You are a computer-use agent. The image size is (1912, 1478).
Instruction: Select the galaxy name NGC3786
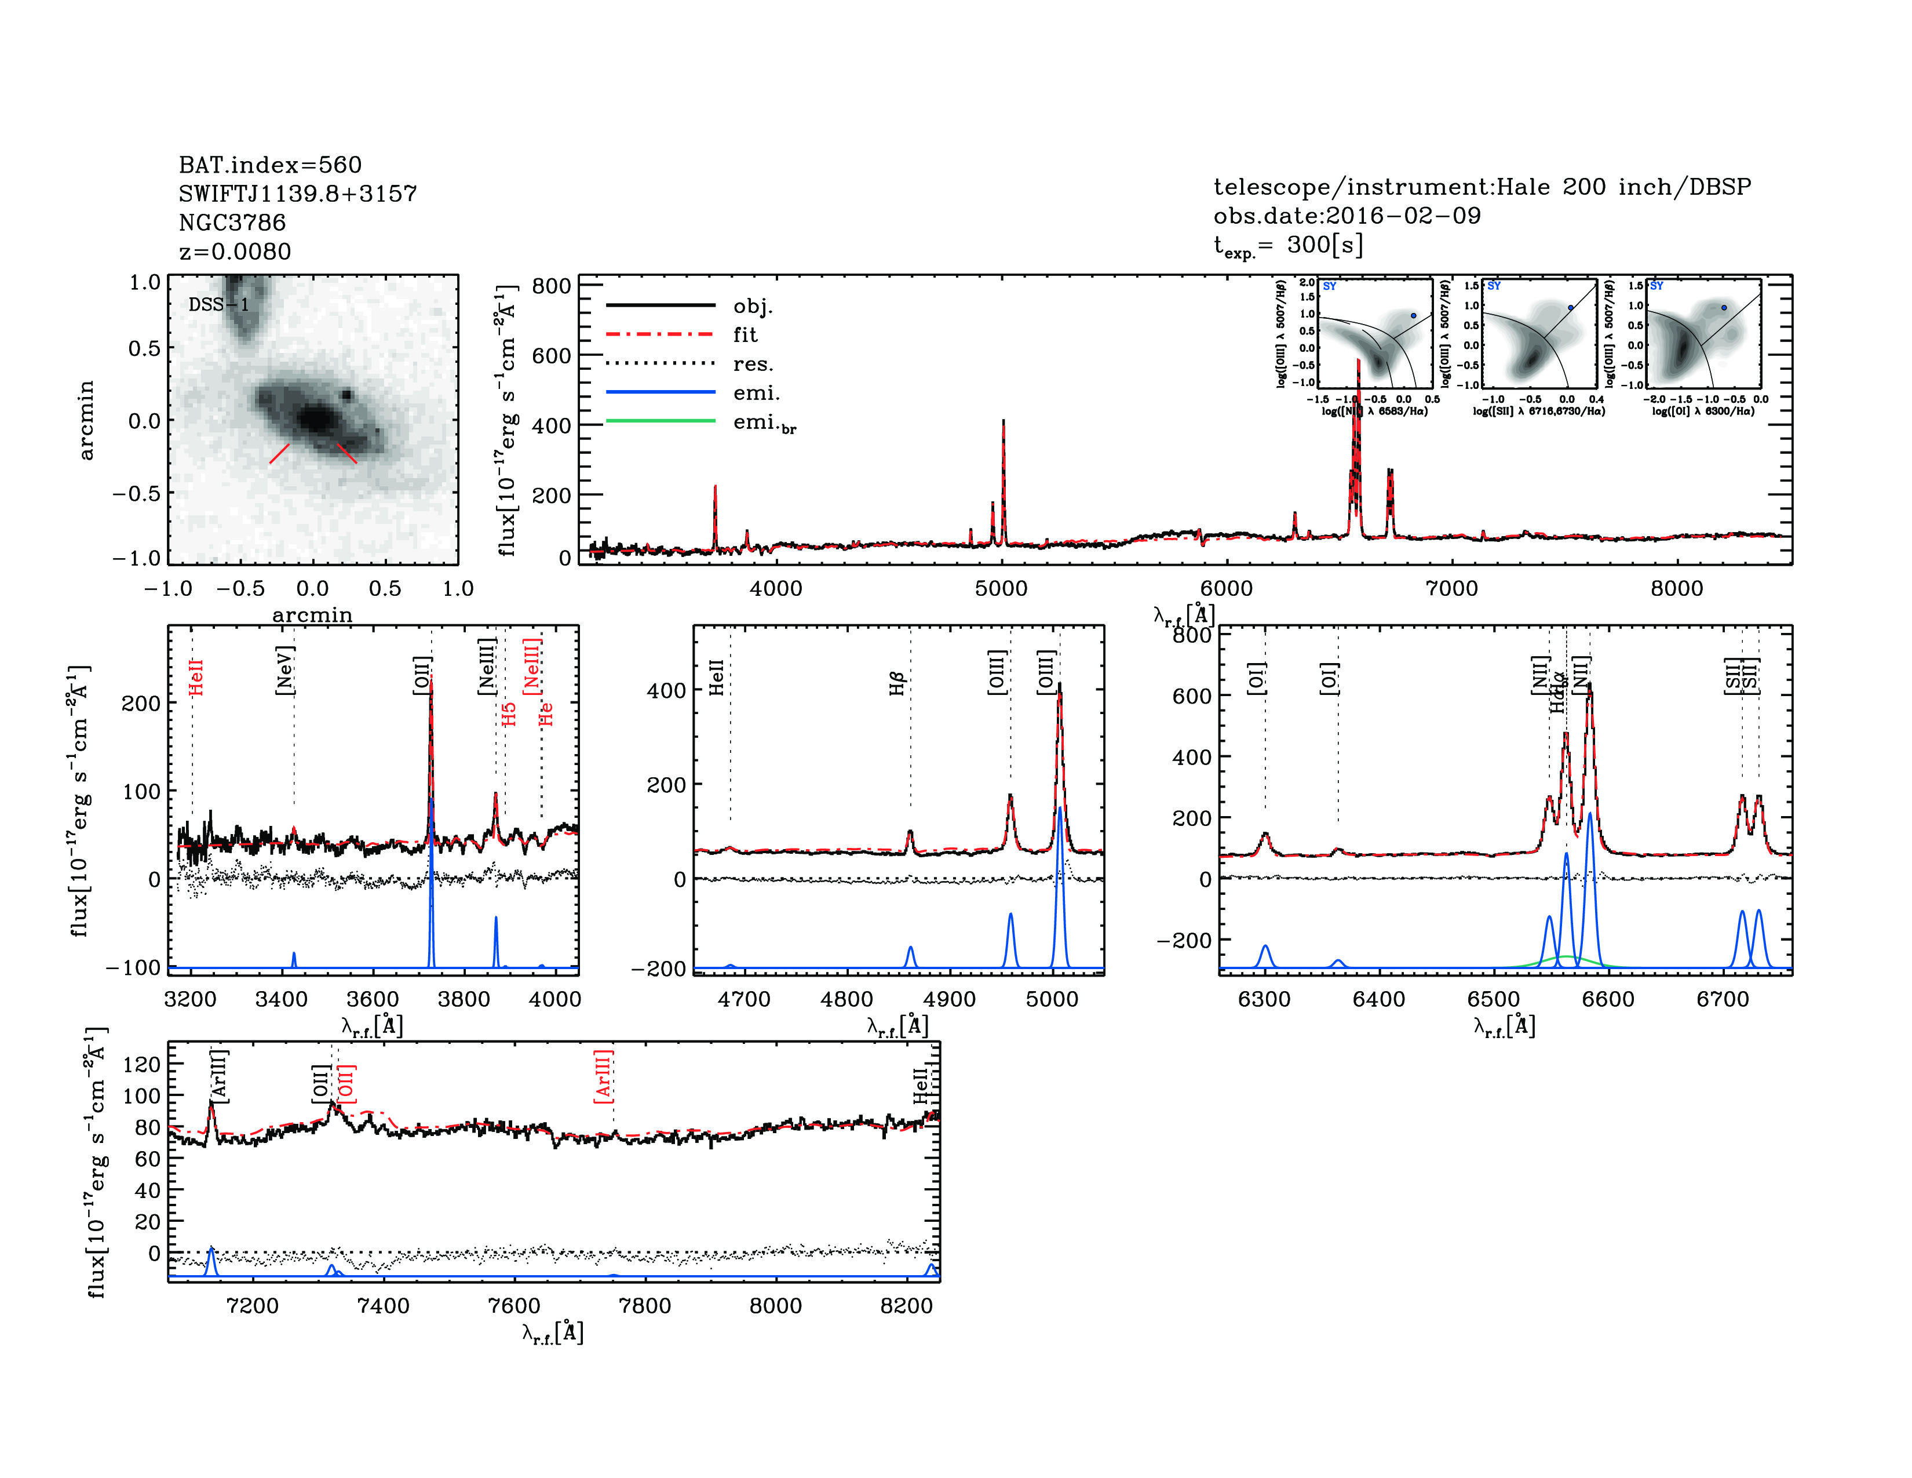(232, 223)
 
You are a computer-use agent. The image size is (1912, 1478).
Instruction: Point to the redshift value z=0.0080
(235, 252)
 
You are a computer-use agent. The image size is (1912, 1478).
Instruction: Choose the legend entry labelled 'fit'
(745, 334)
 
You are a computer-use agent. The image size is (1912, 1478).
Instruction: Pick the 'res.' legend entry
(753, 363)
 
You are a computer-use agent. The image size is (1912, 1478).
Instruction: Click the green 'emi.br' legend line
(661, 421)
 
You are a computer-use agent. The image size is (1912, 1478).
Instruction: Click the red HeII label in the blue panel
(196, 678)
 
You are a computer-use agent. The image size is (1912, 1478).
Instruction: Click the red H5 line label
(509, 715)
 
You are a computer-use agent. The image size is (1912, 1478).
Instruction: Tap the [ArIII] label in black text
(219, 1076)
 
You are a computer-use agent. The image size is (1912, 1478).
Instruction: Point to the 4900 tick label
(949, 999)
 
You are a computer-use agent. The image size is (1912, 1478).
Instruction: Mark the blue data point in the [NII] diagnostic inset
(1413, 316)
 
